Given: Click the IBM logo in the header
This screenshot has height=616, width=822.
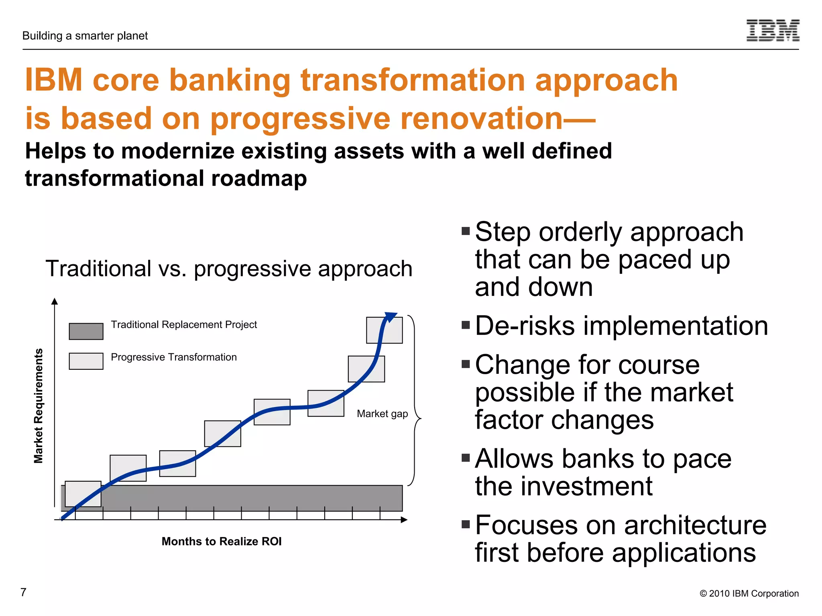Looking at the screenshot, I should click(773, 30).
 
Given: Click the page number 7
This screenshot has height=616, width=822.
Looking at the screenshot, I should click(23, 592).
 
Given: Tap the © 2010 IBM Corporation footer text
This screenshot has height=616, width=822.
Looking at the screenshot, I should click(749, 594).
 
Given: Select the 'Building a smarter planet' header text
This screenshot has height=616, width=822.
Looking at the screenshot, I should click(85, 36).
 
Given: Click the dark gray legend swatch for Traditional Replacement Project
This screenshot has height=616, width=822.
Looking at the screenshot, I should click(86, 331).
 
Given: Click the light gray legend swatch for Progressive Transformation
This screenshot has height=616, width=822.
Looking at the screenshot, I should click(86, 361).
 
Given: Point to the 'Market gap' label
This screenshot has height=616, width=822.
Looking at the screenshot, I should click(382, 413).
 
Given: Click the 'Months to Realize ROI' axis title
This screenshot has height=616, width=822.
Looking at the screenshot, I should click(222, 541).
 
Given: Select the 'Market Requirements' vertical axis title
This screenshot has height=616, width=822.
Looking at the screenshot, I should click(38, 406).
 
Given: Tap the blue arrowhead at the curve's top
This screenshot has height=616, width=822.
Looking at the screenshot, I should click(391, 317).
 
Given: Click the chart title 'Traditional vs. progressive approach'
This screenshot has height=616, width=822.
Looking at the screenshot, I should click(229, 269).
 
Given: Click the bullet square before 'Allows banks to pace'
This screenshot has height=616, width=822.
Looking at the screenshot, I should click(466, 458).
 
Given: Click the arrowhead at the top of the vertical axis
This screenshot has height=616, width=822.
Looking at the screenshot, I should click(55, 302).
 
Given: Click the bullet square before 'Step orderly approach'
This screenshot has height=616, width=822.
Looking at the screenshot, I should click(466, 231).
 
